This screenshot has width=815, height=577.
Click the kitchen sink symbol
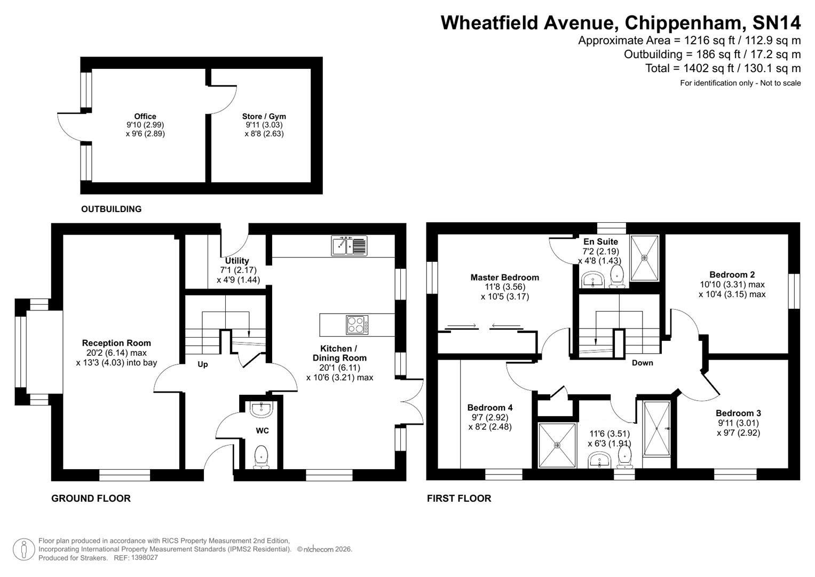(x=349, y=245)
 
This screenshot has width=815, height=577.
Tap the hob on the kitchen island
(x=357, y=324)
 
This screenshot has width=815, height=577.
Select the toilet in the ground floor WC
(x=261, y=457)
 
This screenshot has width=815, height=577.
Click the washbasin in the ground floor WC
(x=261, y=409)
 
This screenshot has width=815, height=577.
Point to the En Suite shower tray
(x=644, y=258)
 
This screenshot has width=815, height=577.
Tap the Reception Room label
(x=116, y=343)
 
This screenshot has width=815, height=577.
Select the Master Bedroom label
(x=504, y=277)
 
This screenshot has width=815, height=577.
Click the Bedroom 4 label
(x=489, y=408)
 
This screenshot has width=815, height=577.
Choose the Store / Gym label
(x=264, y=116)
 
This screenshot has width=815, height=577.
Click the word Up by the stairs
(x=203, y=364)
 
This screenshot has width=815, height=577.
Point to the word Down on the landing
(x=642, y=363)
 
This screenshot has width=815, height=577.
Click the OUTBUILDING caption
(x=111, y=209)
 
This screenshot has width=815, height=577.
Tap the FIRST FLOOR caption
(x=458, y=498)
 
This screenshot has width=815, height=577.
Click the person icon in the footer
(x=23, y=549)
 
